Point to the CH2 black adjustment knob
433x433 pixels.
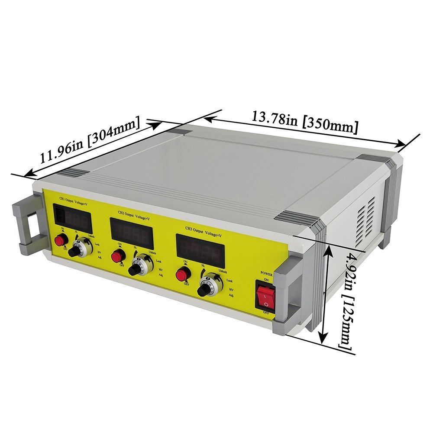135,270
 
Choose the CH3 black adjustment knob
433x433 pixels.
204,290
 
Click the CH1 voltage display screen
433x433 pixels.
73,219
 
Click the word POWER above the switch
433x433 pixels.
266,274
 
